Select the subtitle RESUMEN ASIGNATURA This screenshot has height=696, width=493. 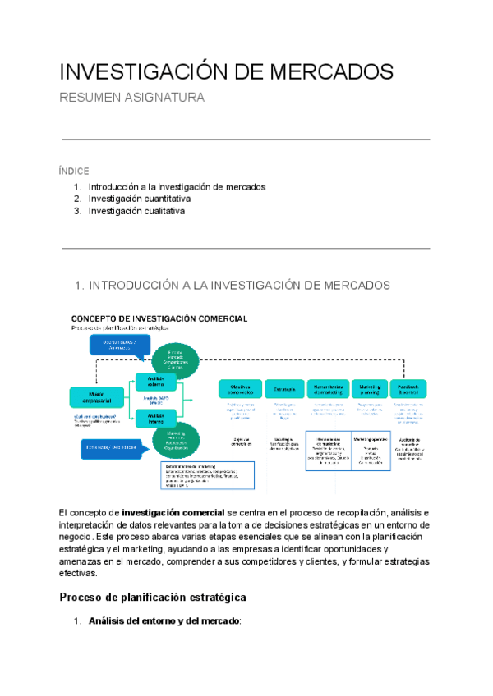pyautogui.click(x=132, y=98)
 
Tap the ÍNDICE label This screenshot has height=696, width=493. pyautogui.click(x=74, y=172)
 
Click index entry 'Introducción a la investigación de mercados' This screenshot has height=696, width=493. pyautogui.click(x=177, y=186)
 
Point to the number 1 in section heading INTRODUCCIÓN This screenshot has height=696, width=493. pyautogui.click(x=78, y=286)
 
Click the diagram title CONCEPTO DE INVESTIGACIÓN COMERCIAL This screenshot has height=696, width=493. pyautogui.click(x=159, y=318)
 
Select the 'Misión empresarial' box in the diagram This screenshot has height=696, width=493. pyautogui.click(x=102, y=397)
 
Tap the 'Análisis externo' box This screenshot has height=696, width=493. pyautogui.click(x=156, y=382)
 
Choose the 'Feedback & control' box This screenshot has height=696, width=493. pyautogui.click(x=408, y=389)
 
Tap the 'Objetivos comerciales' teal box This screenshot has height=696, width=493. pyautogui.click(x=240, y=389)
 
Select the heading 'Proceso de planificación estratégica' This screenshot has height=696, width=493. pyautogui.click(x=153, y=597)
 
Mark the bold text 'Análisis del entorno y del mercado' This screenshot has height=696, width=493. pyautogui.click(x=164, y=621)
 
